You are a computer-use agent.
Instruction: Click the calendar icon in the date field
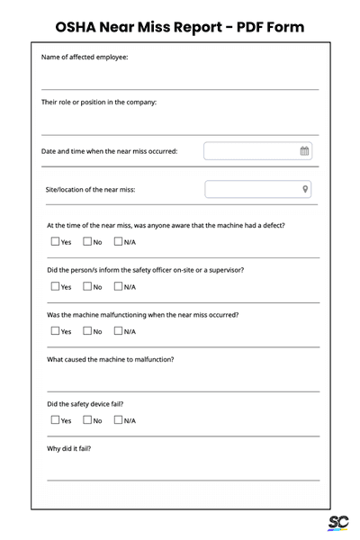[305, 151]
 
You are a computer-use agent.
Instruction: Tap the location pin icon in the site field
[305, 189]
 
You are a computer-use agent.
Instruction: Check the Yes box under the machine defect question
[55, 241]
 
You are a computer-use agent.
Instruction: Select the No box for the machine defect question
[87, 241]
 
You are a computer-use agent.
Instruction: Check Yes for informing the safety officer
[55, 286]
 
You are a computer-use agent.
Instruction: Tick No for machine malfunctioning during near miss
[87, 331]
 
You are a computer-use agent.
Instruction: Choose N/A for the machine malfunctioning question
[119, 331]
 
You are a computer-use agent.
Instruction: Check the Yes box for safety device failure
[55, 420]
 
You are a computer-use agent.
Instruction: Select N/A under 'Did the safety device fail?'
[119, 420]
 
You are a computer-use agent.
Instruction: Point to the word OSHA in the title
[78, 27]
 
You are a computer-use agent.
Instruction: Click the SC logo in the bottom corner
[337, 524]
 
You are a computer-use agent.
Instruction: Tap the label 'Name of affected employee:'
[85, 58]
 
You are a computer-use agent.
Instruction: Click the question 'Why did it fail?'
[68, 448]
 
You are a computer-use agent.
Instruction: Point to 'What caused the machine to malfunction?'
[110, 359]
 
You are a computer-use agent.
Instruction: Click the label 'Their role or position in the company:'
[99, 102]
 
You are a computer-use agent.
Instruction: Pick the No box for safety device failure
[87, 420]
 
